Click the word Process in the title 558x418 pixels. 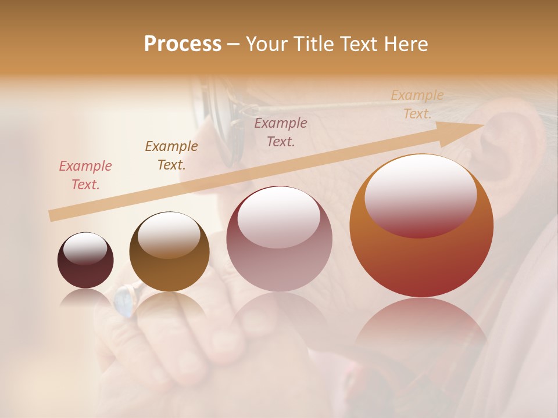pos(183,44)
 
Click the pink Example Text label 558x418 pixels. pos(85,175)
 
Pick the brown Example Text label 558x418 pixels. pos(171,156)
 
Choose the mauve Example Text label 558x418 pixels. pos(281,132)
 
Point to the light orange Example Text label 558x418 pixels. pos(417,105)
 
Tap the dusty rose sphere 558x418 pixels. pos(279,239)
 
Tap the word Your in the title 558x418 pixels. pos(267,44)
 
